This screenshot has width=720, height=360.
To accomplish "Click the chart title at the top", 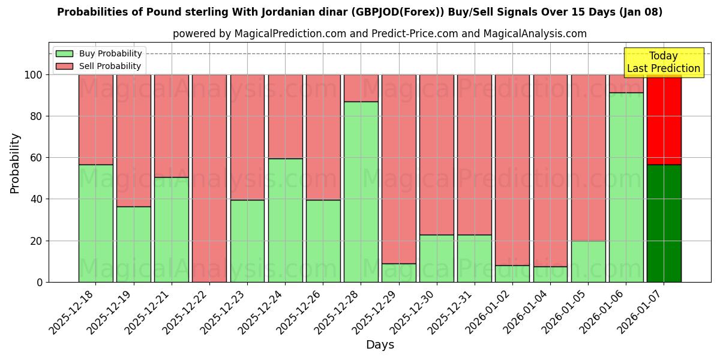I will (360, 12).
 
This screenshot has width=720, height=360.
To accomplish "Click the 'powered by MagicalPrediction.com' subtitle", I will (379, 34).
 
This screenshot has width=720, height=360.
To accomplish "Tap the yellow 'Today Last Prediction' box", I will (663, 62).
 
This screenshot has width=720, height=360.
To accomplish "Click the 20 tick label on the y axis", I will (35, 241).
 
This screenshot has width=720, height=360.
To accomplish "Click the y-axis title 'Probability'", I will (15, 163).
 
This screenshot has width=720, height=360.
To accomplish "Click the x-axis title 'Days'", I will (379, 345).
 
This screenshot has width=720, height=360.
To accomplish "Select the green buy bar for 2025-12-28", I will (361, 192).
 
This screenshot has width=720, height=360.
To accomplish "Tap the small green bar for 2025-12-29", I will (398, 273).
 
